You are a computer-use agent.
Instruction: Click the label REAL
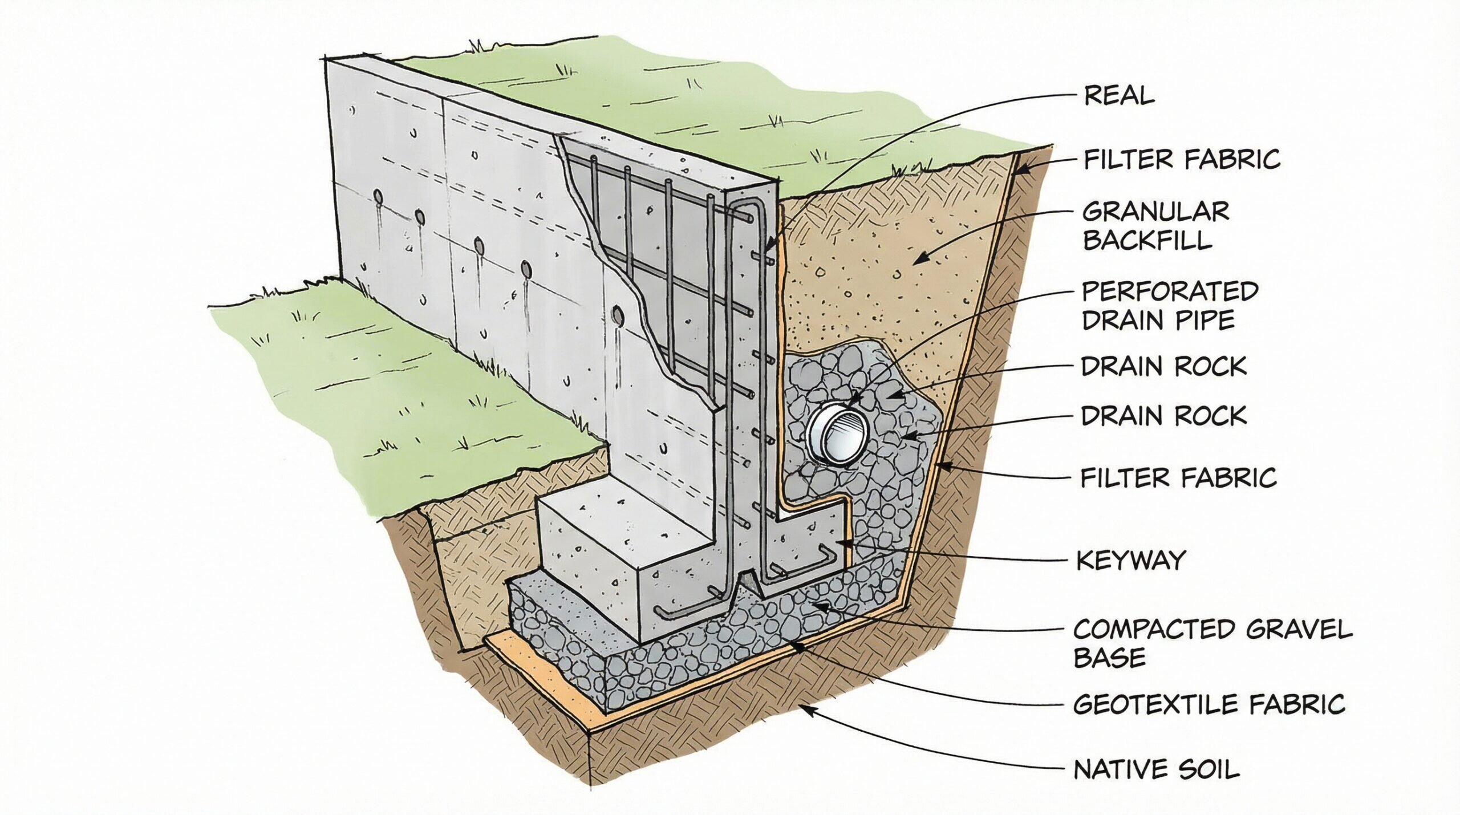click(1118, 96)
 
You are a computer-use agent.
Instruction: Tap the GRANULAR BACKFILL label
click(1155, 226)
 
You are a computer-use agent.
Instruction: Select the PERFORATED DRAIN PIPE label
click(1169, 306)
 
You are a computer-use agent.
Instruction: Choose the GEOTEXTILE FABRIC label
click(1209, 704)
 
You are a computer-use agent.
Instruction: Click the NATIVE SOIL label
click(1157, 769)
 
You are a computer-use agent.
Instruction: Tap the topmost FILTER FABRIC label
click(1182, 159)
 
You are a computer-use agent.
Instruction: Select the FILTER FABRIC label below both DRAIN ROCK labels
click(1178, 477)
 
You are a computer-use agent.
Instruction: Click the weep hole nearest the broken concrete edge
click(618, 314)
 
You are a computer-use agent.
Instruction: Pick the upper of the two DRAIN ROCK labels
click(1163, 366)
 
